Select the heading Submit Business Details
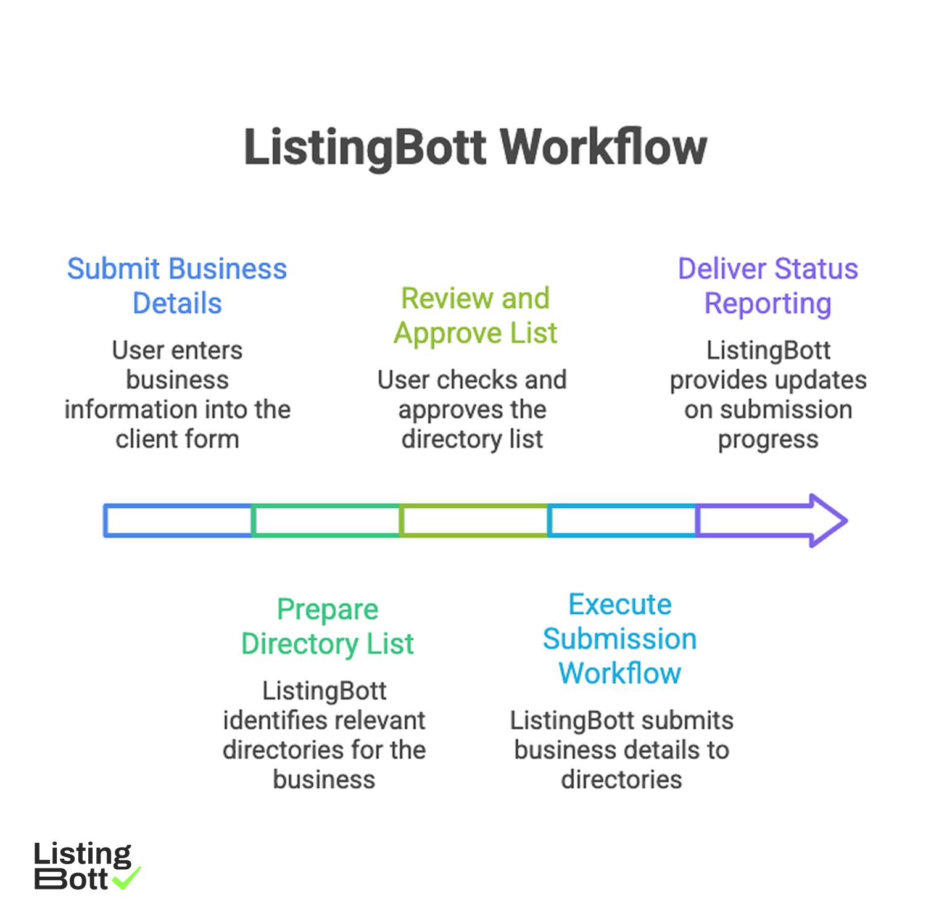click(177, 286)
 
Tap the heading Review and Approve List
click(475, 316)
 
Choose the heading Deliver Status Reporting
click(767, 286)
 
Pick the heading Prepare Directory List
click(327, 626)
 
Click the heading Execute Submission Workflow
click(619, 638)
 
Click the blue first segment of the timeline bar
click(178, 521)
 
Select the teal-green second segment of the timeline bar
click(326, 521)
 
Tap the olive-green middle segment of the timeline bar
click(474, 521)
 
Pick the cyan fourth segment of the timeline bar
click(622, 521)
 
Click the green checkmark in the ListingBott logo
click(128, 878)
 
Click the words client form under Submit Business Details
click(177, 439)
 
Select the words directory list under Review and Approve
click(472, 439)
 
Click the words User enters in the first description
click(177, 350)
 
